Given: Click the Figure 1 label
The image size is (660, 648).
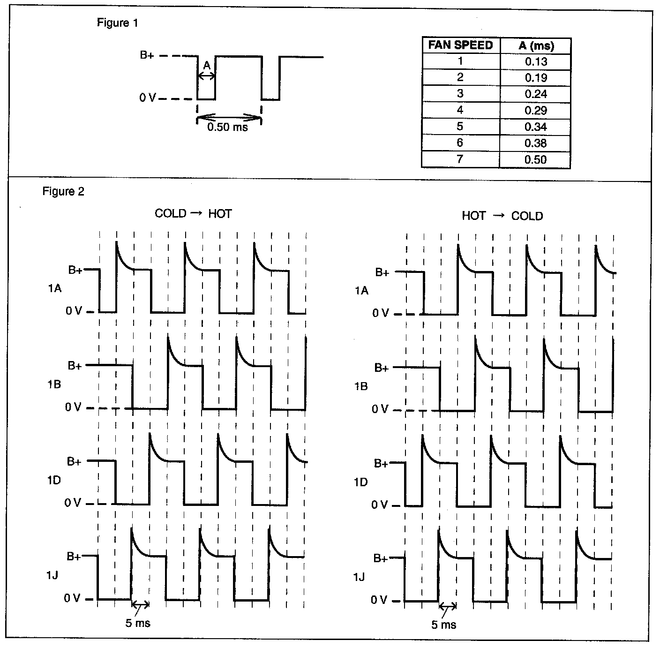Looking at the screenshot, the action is pos(117,23).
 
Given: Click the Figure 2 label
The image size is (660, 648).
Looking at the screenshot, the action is pos(63,191).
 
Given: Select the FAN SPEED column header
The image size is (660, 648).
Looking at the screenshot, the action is pos(460,45).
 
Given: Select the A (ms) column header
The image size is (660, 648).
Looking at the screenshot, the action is pos(536,45).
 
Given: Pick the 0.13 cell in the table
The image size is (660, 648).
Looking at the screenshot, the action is pos(536,61).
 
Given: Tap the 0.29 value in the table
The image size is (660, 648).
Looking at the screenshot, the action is pos(536,110).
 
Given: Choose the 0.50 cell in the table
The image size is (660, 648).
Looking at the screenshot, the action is pos(536,159).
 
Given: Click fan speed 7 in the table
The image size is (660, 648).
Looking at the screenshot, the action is pos(460,159).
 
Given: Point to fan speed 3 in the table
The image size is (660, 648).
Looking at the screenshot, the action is pos(460,94).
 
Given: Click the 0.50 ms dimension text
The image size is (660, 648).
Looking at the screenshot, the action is pos(227,127).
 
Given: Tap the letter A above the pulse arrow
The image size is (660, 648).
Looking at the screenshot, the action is pos(207,66).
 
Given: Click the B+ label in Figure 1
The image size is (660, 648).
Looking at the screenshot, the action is pos(147,55).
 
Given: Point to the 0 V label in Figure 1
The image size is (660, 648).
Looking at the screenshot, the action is pos(147,98).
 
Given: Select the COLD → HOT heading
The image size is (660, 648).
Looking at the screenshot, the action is pos(193,214).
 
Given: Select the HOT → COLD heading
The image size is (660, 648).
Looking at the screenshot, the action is pos(502,216).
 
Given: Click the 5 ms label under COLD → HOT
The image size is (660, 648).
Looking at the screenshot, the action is pos(138,623).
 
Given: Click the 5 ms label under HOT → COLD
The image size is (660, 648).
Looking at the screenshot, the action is pos(443,625).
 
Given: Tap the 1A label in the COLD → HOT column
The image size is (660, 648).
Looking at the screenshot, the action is pos(55,288).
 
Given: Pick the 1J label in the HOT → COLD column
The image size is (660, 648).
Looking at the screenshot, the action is pos(359,576).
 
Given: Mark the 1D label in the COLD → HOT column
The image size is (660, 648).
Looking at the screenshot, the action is pos(54,480).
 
